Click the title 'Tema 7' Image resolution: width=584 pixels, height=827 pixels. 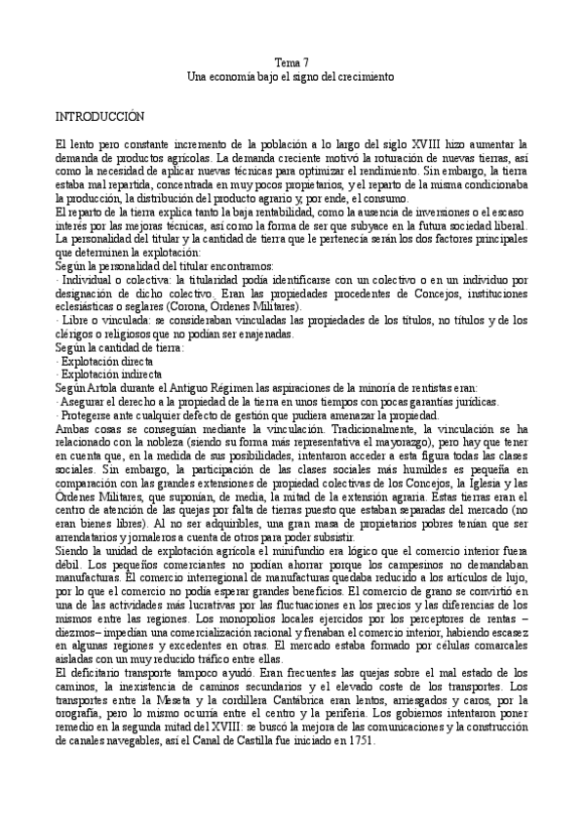[x=292, y=61]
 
